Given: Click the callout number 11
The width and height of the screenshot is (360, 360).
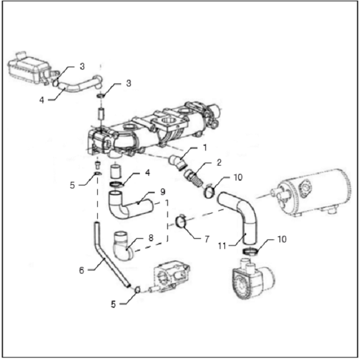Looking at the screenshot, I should pos(223,245).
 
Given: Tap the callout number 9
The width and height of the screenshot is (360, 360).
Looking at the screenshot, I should pos(162,193).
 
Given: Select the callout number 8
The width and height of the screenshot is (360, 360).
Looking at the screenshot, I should pos(151,238).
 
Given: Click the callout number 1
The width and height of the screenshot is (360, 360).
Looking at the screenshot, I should pos(205,147).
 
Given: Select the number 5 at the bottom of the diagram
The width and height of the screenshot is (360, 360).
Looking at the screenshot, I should pos(112,304).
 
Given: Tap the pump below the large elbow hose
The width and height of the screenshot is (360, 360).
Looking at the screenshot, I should pos(247,278).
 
